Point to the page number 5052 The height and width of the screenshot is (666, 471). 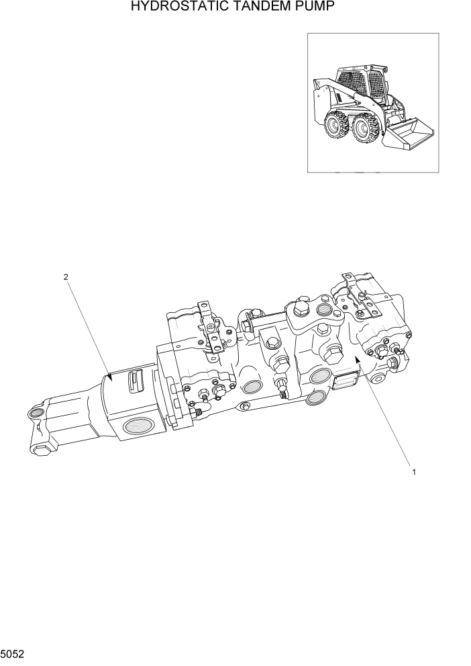point(13,653)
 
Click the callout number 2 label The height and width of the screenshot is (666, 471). point(65,277)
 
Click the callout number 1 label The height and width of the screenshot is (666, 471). point(414,472)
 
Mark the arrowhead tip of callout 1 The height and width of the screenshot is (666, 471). point(356,359)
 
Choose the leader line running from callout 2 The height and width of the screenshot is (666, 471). point(87,329)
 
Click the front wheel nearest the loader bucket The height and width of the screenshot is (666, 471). point(366,129)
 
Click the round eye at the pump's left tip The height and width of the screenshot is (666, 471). point(36,412)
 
